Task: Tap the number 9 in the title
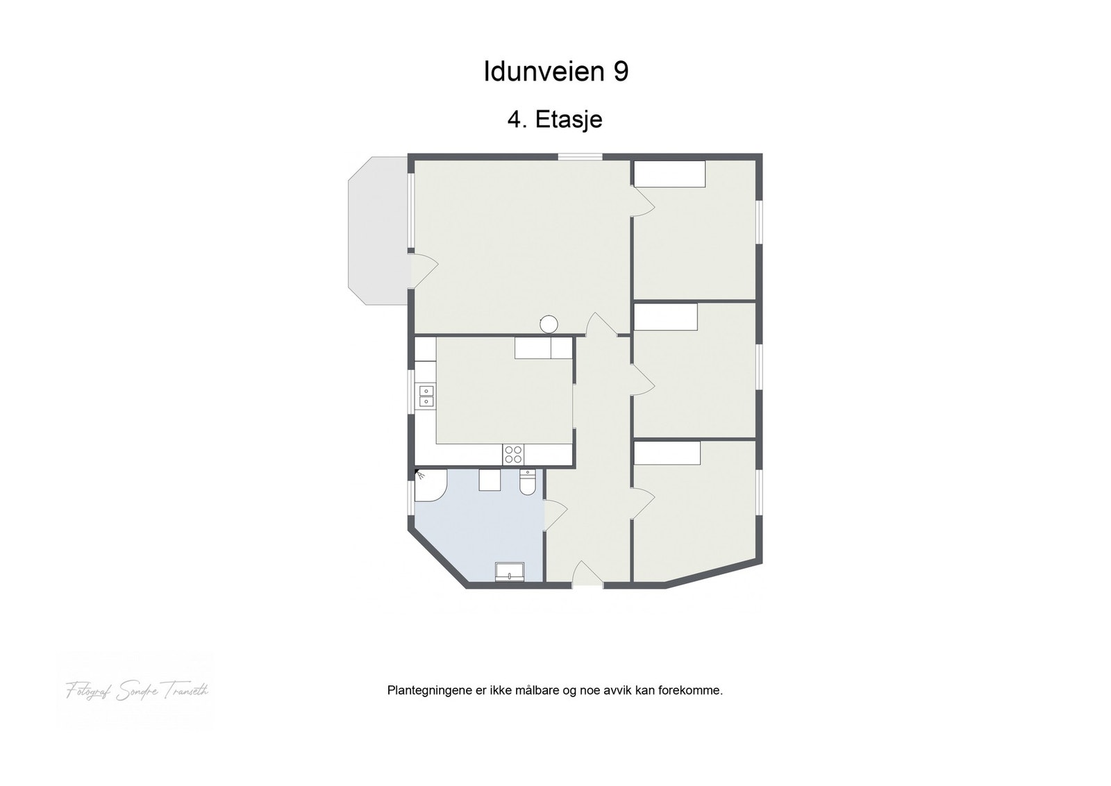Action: click(621, 72)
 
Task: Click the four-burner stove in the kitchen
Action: click(513, 455)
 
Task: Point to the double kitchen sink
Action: click(426, 396)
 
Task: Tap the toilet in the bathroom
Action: click(528, 483)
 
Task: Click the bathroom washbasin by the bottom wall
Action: click(510, 572)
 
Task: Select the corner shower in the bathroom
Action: click(429, 485)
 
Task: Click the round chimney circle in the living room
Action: click(549, 324)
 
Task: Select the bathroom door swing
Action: click(555, 515)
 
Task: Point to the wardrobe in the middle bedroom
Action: click(666, 317)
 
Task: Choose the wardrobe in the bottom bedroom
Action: click(667, 454)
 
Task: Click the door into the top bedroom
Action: click(642, 202)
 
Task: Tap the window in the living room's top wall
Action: click(580, 157)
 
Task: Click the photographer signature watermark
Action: click(137, 691)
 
